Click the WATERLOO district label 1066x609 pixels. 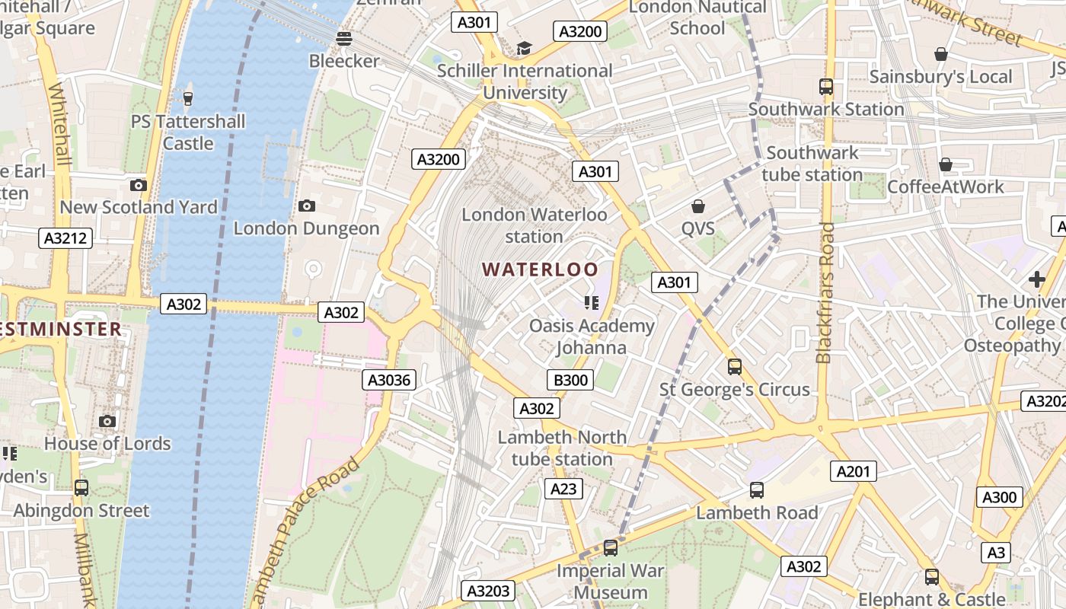(x=540, y=269)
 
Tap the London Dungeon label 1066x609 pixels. (x=306, y=228)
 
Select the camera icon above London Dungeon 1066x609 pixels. (x=307, y=206)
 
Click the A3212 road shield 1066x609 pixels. (x=66, y=238)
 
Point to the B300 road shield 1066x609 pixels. (x=570, y=379)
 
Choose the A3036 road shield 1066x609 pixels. (x=389, y=380)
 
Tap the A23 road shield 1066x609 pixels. (x=563, y=489)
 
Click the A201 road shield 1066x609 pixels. (x=853, y=471)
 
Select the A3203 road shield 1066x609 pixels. (x=487, y=591)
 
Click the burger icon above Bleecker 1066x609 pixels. (x=344, y=38)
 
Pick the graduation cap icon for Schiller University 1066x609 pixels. (x=524, y=49)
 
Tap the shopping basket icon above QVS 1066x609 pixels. (x=697, y=206)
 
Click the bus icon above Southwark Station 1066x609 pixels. (x=826, y=87)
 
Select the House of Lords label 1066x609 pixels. (x=107, y=443)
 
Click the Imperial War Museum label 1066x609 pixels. (x=611, y=582)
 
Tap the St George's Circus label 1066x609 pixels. (x=734, y=390)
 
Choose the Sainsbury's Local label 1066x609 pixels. (x=940, y=77)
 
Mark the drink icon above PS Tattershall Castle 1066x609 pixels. (x=188, y=98)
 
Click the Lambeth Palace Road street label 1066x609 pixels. (x=305, y=533)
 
